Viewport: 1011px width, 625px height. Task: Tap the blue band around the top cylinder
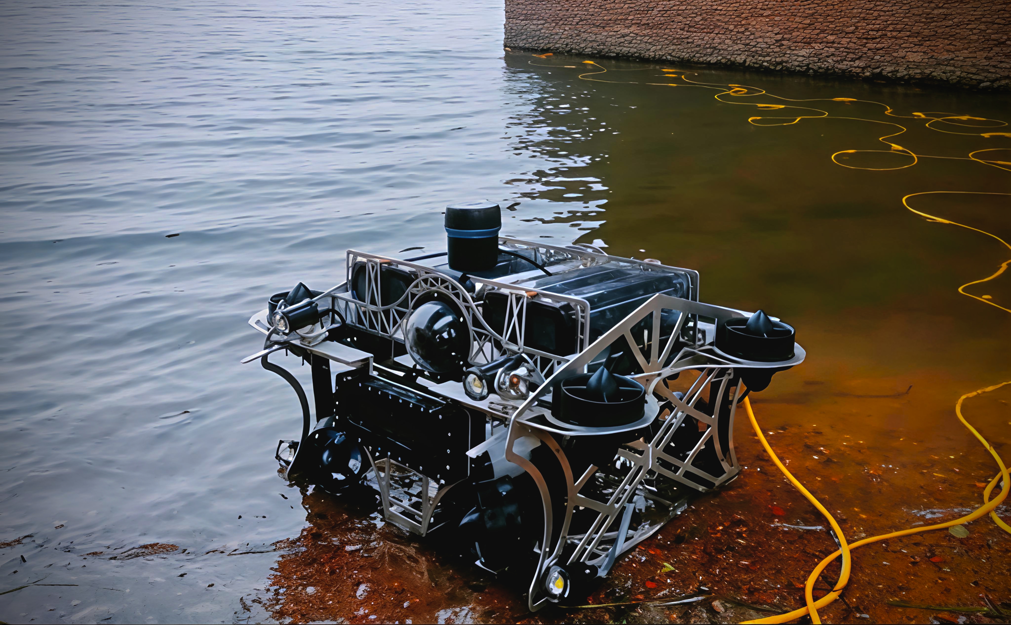click(473, 232)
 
